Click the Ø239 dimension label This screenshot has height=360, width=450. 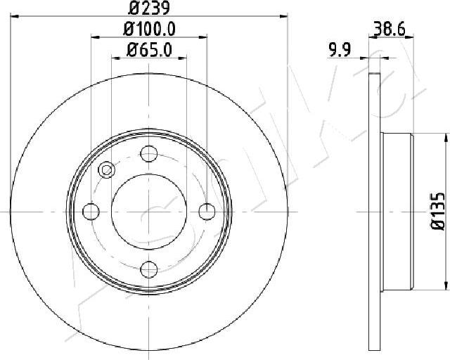[149, 8]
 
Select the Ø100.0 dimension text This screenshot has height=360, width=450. [149, 29]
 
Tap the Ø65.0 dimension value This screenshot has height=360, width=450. [149, 50]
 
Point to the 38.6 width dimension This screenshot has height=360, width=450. [390, 29]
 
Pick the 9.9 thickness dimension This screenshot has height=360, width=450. [340, 51]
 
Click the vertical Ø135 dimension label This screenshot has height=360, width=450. [438, 212]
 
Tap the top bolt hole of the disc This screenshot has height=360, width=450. [149, 153]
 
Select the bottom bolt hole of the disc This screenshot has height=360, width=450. [149, 269]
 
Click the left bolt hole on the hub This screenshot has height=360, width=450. [91, 212]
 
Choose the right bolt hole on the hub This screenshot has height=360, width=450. [207, 212]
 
